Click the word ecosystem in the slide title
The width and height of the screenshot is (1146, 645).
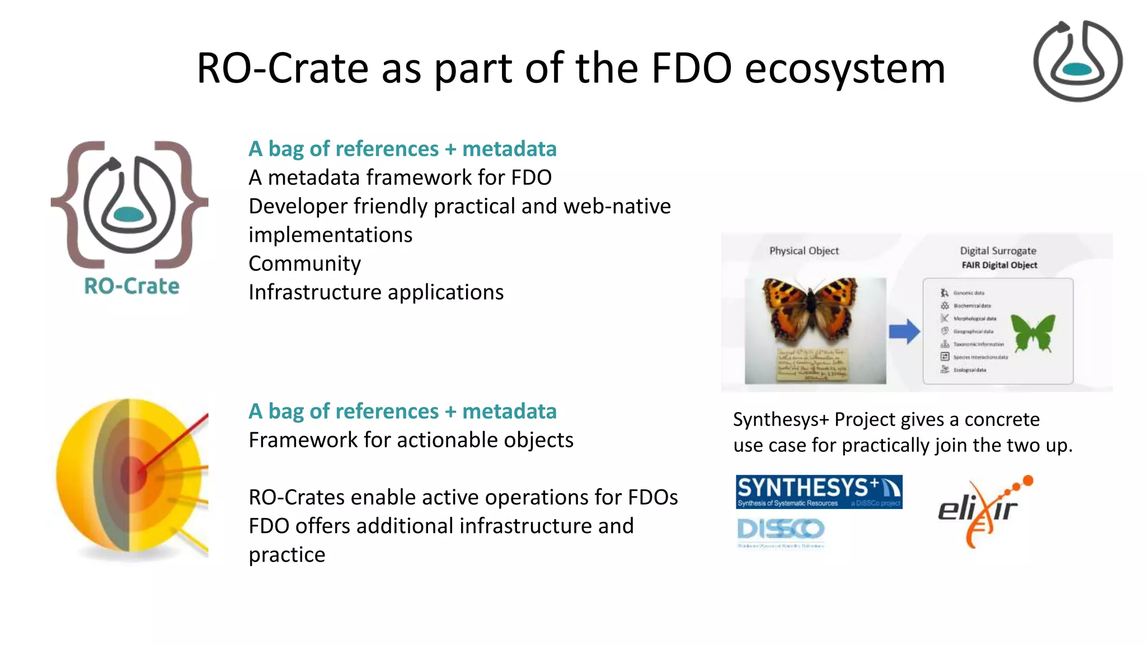point(845,68)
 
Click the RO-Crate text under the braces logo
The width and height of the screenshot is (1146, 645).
point(131,286)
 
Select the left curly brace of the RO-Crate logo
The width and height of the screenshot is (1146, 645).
point(78,204)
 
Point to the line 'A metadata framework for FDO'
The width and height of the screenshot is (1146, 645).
point(400,177)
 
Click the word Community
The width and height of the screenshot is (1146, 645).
point(304,264)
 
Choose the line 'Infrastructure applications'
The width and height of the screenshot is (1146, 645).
point(375,292)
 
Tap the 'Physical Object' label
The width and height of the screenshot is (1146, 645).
point(804,251)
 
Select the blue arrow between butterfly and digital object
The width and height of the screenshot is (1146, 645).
point(904,331)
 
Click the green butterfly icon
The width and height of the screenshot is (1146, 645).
point(1033,332)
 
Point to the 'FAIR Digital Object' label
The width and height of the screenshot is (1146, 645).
point(999,265)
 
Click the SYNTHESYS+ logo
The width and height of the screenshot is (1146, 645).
point(819,492)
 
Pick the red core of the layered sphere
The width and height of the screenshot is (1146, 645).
point(133,473)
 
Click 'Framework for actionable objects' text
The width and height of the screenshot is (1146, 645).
point(411,440)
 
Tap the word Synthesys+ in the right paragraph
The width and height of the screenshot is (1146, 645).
point(781,419)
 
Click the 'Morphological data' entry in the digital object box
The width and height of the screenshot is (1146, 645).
point(974,319)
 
